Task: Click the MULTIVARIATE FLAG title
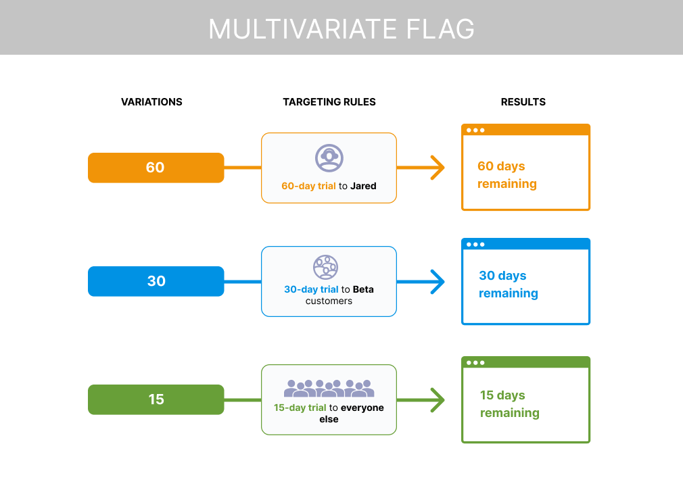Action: pyautogui.click(x=341, y=29)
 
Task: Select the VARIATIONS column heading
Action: pyautogui.click(x=151, y=102)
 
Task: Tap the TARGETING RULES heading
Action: pyautogui.click(x=329, y=102)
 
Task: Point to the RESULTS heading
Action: pyautogui.click(x=523, y=102)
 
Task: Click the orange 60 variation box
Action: pyautogui.click(x=156, y=168)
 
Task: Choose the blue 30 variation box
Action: pyautogui.click(x=156, y=281)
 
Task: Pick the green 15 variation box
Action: pyautogui.click(x=156, y=399)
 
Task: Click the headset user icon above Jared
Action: pyautogui.click(x=329, y=157)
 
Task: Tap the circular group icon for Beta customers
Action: pyautogui.click(x=325, y=267)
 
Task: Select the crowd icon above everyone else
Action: pyautogui.click(x=329, y=388)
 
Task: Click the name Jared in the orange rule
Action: pyautogui.click(x=363, y=186)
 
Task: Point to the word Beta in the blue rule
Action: pyautogui.click(x=363, y=289)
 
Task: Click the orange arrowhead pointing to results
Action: pyautogui.click(x=438, y=168)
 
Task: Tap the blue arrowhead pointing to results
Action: pyautogui.click(x=438, y=281)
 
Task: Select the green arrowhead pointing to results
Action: pyautogui.click(x=438, y=399)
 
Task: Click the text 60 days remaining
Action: pyautogui.click(x=507, y=175)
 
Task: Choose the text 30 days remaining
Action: pyautogui.click(x=508, y=285)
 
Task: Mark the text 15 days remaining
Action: pyautogui.click(x=509, y=404)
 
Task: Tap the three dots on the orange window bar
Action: pyautogui.click(x=475, y=130)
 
